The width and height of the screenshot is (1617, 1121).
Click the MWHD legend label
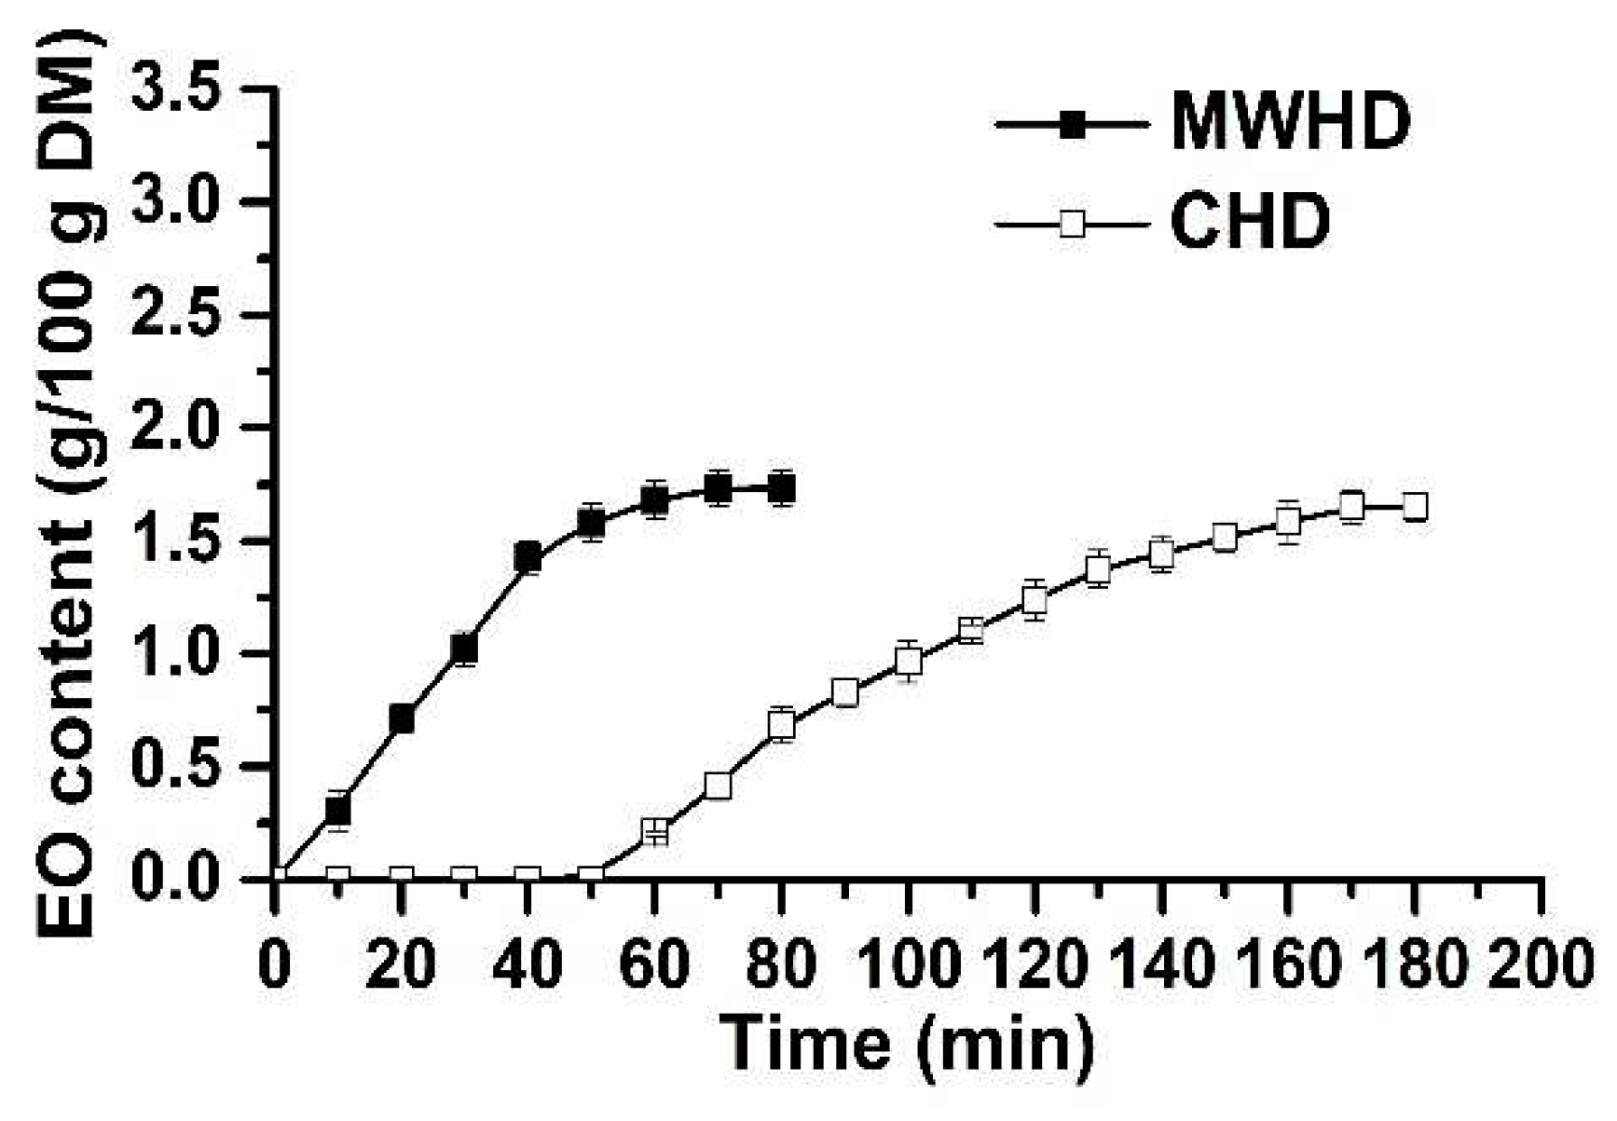pos(1291,122)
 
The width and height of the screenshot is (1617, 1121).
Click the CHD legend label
pos(1251,224)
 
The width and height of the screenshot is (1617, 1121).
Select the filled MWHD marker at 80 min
pos(782,487)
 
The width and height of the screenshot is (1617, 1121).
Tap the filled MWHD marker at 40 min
pos(528,556)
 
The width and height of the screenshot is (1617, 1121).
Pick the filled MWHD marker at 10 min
pos(338,810)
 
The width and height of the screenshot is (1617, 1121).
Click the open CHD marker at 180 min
pos(1415,507)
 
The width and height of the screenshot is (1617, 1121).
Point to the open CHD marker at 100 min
pos(908,661)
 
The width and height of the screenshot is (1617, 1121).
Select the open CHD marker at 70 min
pos(718,786)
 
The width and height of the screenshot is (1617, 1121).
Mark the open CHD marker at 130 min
pos(1098,567)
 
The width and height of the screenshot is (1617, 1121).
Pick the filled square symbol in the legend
pos(1072,123)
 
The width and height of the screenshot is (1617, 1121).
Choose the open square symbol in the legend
pos(1072,225)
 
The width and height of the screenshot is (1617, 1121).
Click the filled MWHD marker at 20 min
pos(402,718)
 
